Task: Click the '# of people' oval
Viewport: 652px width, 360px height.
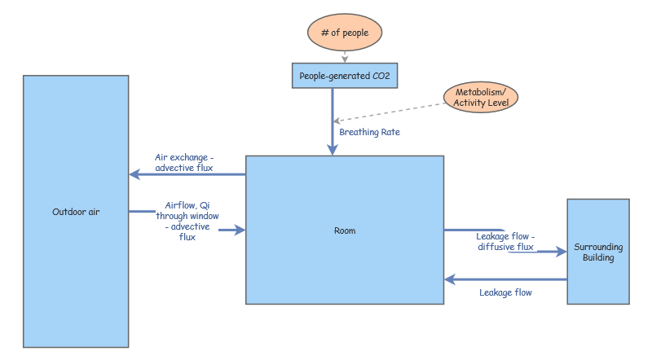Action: (344, 33)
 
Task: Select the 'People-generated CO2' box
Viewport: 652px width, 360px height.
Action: (345, 76)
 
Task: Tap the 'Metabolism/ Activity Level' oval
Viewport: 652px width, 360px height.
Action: (481, 96)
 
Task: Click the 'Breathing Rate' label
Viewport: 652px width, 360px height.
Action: (369, 132)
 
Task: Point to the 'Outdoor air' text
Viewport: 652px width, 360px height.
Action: (76, 212)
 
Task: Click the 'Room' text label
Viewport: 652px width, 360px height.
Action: (345, 230)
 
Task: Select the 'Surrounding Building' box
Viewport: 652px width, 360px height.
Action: (598, 252)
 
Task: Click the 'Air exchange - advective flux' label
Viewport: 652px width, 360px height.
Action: (184, 162)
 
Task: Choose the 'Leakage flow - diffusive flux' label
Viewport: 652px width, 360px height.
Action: (505, 241)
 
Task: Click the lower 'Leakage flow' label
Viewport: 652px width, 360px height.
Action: (505, 292)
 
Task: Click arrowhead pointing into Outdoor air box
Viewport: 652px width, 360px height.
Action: (134, 174)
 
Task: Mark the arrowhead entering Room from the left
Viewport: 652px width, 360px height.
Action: (240, 230)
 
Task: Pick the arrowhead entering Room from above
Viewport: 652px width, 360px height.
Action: (333, 150)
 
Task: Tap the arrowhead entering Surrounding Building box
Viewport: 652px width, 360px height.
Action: (562, 252)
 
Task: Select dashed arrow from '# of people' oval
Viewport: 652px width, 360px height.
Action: (345, 56)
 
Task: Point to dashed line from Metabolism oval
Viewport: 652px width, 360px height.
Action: (391, 113)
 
